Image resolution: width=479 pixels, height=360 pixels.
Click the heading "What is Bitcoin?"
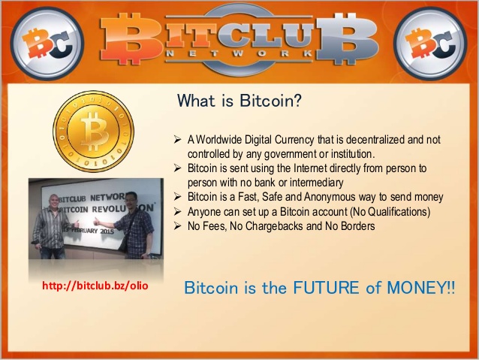(239, 100)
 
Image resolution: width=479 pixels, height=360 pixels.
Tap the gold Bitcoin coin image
(93, 131)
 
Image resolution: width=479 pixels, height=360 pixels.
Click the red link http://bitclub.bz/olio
(95, 286)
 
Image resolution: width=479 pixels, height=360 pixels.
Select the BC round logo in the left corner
(47, 43)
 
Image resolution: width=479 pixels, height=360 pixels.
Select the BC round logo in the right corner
(430, 43)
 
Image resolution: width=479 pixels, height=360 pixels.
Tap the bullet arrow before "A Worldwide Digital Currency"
(177, 140)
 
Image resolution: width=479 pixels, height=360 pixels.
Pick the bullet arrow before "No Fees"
(177, 226)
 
